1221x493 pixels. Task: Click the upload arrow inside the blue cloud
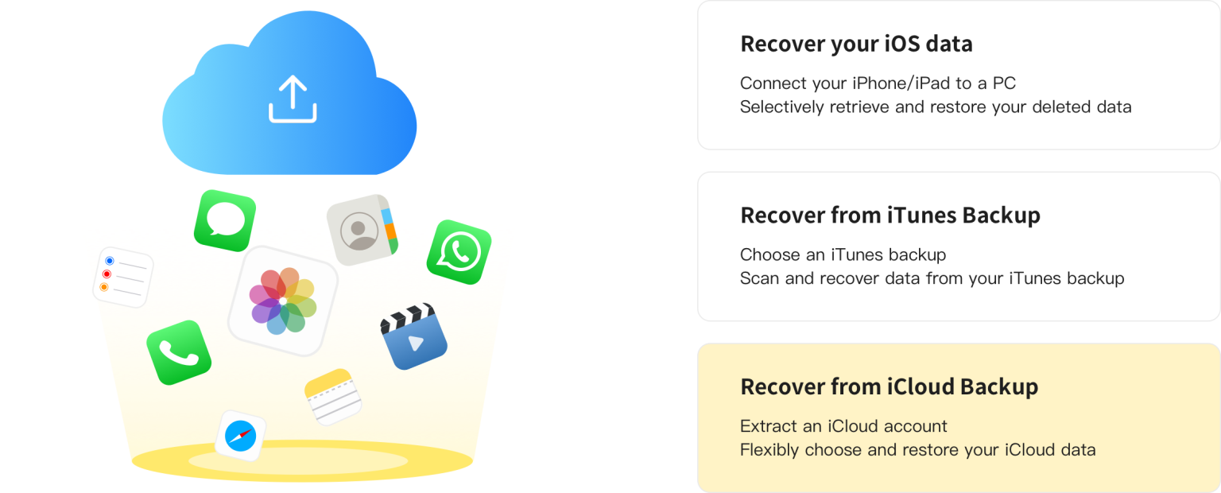(x=293, y=99)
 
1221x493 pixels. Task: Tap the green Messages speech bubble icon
(x=225, y=219)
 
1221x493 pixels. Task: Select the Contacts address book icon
(x=362, y=230)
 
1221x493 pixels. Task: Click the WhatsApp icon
(x=459, y=252)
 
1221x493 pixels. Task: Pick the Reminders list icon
(x=122, y=278)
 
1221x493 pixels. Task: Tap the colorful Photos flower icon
(x=283, y=301)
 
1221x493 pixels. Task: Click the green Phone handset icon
(x=179, y=352)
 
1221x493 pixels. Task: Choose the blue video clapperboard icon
(x=413, y=336)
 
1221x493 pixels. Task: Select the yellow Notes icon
(x=333, y=396)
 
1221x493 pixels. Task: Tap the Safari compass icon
(x=240, y=435)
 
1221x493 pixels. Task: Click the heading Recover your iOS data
(x=856, y=44)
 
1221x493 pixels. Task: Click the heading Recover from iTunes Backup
(x=890, y=215)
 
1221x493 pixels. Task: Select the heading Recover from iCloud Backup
(x=889, y=387)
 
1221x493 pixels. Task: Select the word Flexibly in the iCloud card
(x=769, y=450)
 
